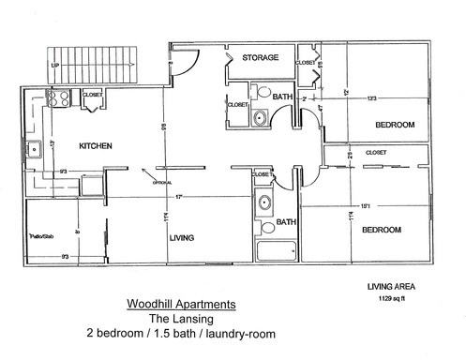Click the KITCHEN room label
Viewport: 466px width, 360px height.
pos(96,146)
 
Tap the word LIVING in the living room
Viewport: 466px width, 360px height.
pos(181,238)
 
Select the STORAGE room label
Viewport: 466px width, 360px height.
pos(260,58)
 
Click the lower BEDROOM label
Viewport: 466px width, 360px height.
pos(382,230)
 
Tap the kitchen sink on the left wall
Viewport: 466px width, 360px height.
pos(33,147)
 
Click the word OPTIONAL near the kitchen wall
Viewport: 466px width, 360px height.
pos(153,183)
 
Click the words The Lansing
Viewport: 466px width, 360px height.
pos(181,319)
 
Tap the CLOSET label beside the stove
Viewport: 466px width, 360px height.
pos(92,95)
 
